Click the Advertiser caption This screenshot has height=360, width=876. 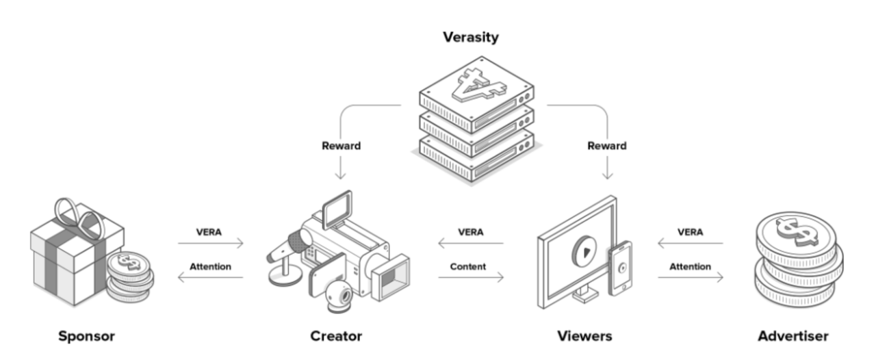click(x=793, y=336)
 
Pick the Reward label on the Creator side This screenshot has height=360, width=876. click(x=342, y=146)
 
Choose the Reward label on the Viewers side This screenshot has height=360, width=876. click(x=606, y=146)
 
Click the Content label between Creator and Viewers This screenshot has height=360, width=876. click(x=468, y=266)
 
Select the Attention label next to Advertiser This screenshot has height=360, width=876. click(x=690, y=266)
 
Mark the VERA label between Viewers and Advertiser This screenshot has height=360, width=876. click(x=690, y=232)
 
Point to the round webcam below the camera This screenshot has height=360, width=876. click(x=340, y=296)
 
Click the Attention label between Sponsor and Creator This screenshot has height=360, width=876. click(x=210, y=266)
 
